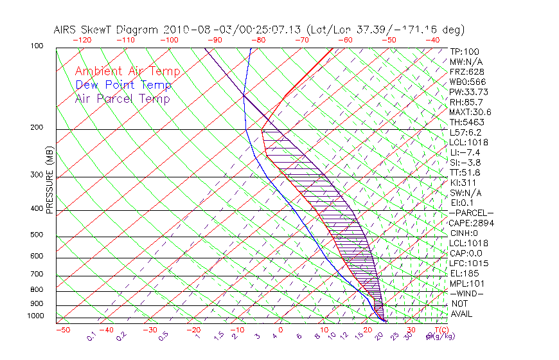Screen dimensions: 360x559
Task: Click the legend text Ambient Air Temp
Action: point(127,71)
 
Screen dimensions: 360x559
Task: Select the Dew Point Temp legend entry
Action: point(123,85)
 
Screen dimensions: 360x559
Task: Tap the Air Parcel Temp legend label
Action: point(122,98)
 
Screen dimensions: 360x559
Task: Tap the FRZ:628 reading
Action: point(467,72)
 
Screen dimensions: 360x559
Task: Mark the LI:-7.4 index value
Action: point(465,152)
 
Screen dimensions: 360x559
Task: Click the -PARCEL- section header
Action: point(471,213)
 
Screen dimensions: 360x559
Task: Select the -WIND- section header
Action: point(466,293)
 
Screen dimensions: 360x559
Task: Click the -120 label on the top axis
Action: point(82,40)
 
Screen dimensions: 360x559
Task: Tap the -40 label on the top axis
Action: point(432,40)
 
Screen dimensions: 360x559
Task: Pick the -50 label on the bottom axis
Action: point(62,330)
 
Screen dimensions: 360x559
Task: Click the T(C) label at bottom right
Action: point(441,330)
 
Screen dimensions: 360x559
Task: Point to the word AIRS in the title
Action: point(66,30)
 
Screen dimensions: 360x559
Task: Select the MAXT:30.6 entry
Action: point(470,112)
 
